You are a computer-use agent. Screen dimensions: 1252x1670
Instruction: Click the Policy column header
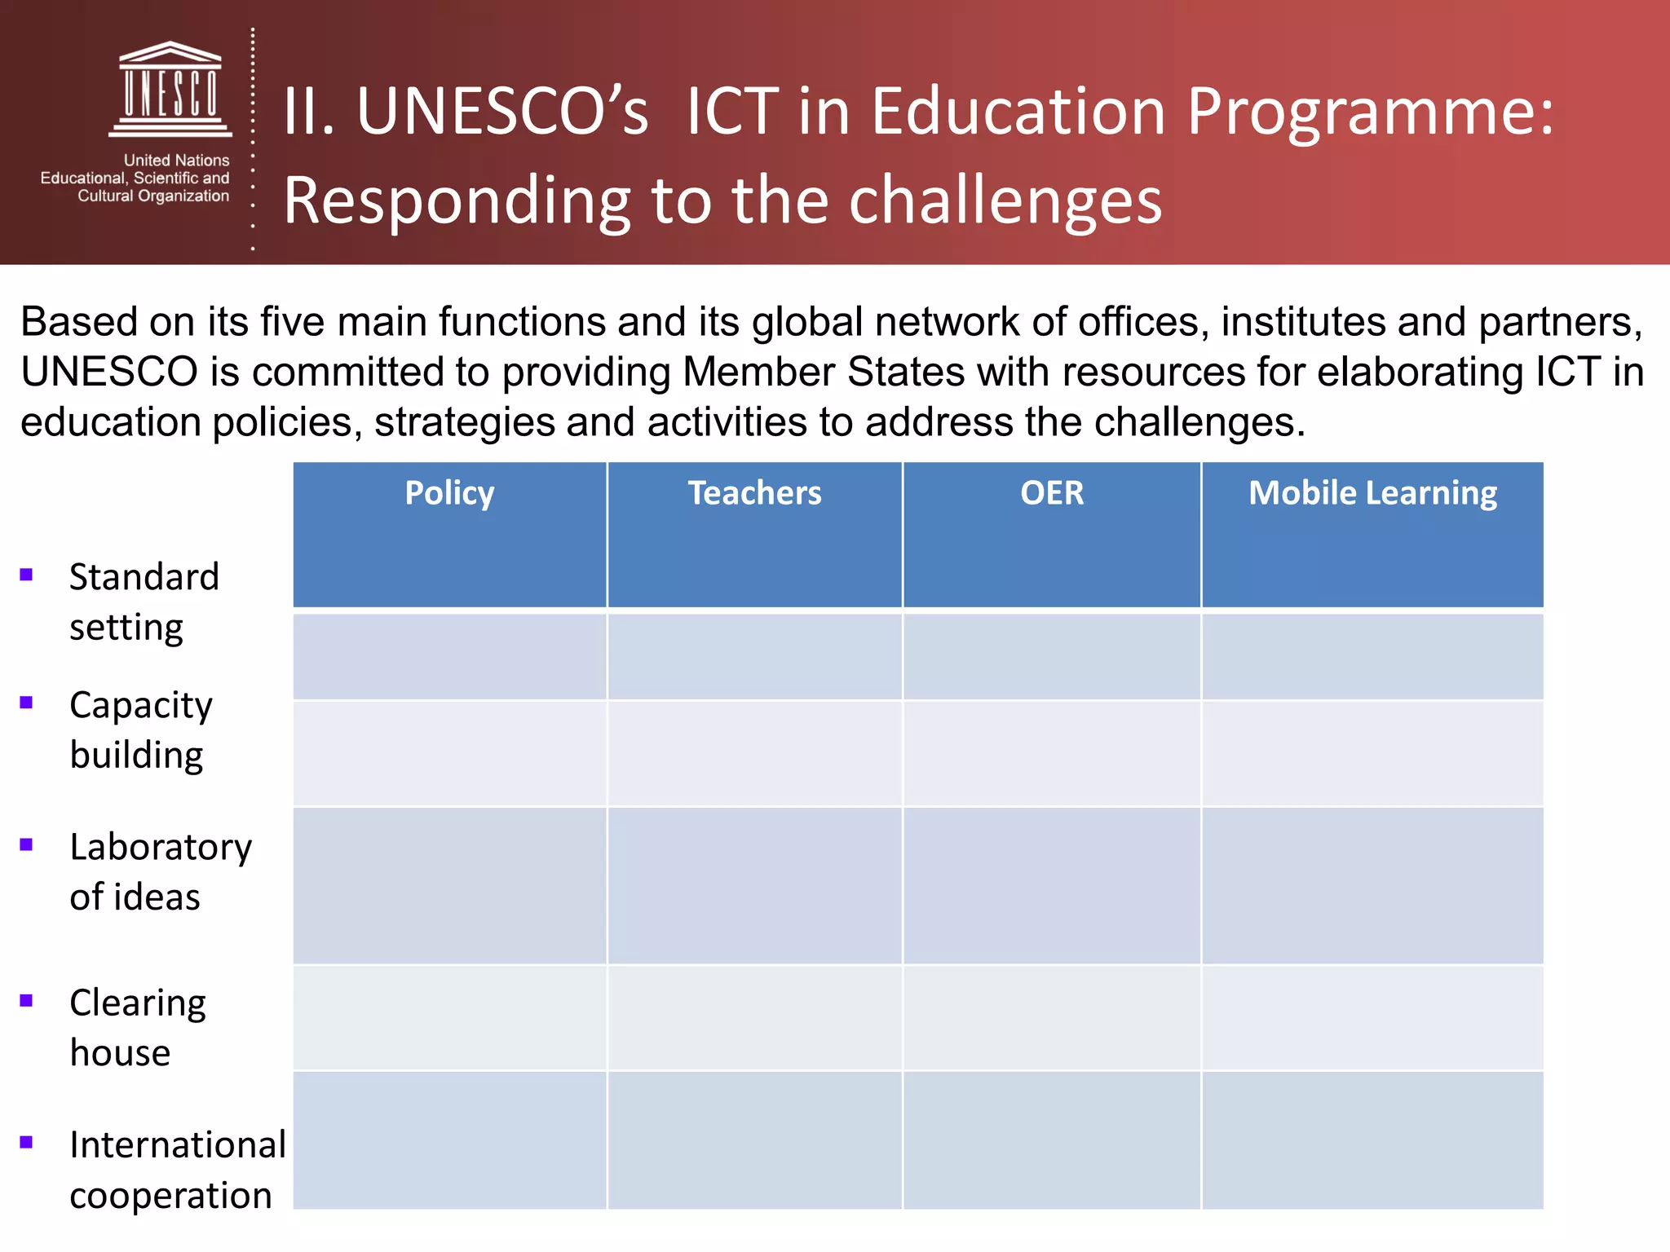click(449, 494)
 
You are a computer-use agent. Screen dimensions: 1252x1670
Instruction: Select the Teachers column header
click(754, 494)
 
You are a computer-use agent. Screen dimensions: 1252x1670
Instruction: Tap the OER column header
click(1052, 494)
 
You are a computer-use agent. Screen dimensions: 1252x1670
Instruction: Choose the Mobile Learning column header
click(1372, 494)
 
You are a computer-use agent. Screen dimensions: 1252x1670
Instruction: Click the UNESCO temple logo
click(170, 89)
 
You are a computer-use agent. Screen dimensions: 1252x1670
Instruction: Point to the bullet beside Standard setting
click(26, 575)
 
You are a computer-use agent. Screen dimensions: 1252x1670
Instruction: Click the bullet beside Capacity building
click(26, 703)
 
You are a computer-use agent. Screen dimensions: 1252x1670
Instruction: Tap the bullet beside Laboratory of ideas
click(26, 844)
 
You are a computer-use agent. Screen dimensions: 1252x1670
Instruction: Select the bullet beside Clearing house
click(26, 1001)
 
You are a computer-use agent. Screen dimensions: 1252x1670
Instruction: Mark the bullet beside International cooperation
click(26, 1143)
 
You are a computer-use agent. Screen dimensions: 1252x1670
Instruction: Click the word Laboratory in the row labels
click(161, 848)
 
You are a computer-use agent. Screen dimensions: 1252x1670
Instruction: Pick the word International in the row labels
click(178, 1145)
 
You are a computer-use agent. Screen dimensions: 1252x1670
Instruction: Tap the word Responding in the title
click(457, 201)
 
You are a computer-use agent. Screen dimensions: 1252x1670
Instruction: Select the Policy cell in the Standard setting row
click(449, 656)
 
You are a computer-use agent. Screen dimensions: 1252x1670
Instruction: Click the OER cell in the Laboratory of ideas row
click(1052, 886)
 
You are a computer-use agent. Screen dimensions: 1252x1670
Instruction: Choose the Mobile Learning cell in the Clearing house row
click(1372, 1018)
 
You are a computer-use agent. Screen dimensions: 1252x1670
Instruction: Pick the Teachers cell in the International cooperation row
click(754, 1140)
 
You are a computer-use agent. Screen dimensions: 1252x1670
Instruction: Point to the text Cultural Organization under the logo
click(153, 196)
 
